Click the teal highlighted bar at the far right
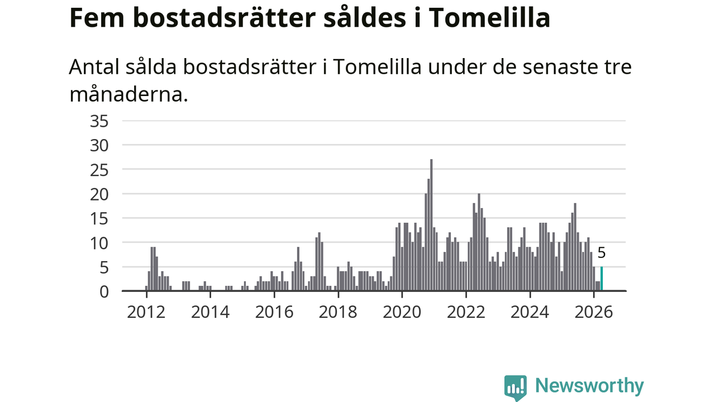[x=602, y=279]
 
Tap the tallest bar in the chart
[x=431, y=225]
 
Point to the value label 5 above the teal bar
[x=602, y=253]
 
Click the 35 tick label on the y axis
[x=99, y=122]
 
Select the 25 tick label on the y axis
[x=99, y=170]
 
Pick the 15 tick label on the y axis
[x=99, y=219]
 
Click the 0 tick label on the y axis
[x=104, y=292]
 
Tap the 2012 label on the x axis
[x=146, y=312]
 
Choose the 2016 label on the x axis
[x=274, y=312]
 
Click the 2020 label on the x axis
[x=402, y=312]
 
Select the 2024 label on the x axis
[x=530, y=312]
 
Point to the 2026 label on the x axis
[x=594, y=312]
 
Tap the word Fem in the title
[x=97, y=18]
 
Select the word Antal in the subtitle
[x=94, y=67]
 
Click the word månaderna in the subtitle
[x=128, y=95]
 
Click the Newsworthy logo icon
[x=516, y=387]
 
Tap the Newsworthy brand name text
[x=589, y=386]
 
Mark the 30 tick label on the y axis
[x=99, y=146]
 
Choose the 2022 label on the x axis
[x=466, y=312]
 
